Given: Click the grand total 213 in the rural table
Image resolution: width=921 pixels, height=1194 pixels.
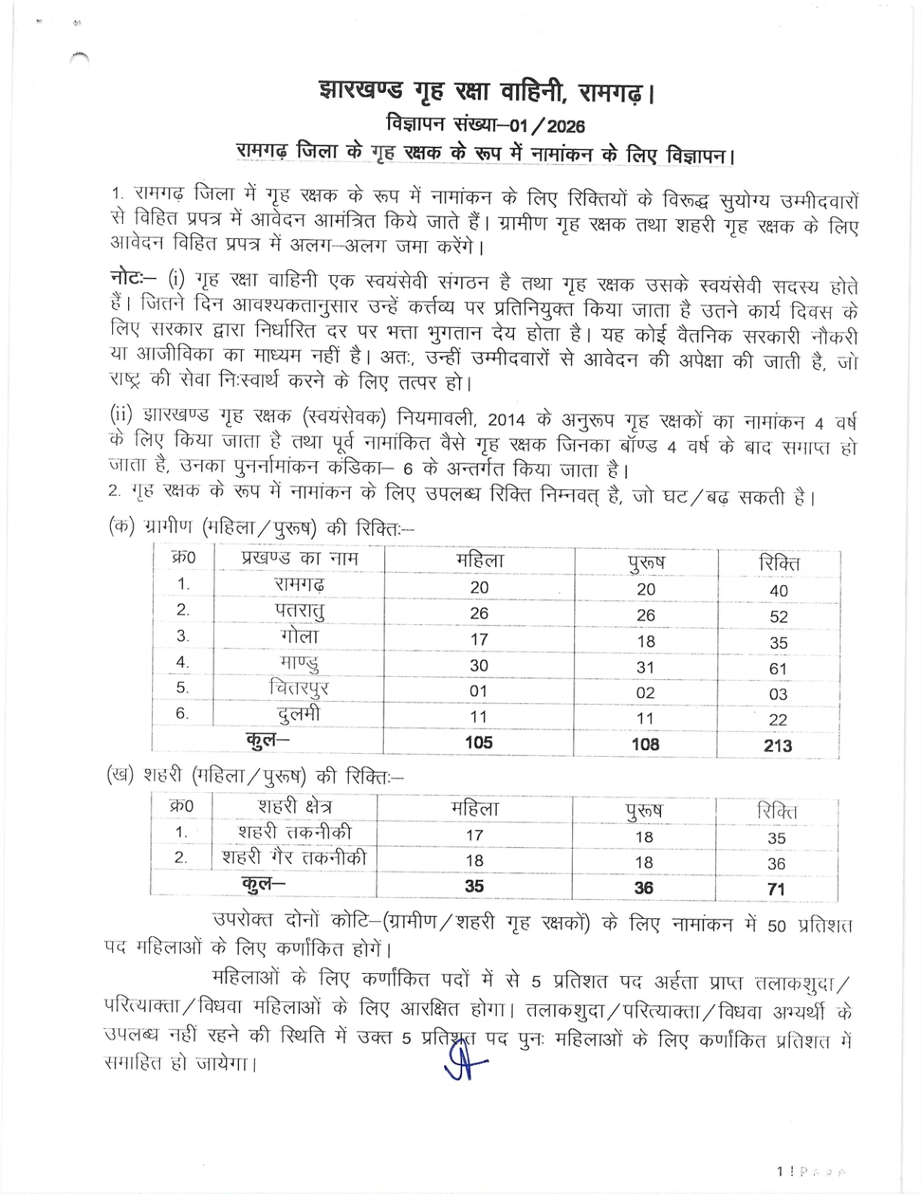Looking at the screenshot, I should coord(778,745).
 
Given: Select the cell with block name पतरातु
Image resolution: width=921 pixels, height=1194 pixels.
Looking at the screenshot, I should coord(299,611).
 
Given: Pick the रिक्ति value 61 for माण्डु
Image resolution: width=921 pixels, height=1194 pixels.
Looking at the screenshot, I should coord(778,668).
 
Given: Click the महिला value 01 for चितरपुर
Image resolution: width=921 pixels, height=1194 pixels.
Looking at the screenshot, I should coord(479,691).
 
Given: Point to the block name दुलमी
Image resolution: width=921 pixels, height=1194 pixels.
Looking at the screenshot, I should coord(299,715).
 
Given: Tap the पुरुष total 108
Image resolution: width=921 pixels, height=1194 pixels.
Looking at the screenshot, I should coord(645,744).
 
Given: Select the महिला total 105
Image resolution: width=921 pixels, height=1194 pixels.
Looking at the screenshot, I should coord(479,742).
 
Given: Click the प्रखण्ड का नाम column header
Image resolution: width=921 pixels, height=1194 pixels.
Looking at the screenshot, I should coord(299,559).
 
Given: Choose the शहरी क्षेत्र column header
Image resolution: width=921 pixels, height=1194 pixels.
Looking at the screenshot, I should coord(294,807).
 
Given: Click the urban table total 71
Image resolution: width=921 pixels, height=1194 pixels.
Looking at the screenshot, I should coord(776,889).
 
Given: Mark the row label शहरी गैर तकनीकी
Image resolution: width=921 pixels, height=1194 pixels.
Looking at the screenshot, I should coord(294,858).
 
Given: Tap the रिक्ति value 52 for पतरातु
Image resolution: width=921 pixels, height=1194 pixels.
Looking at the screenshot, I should coord(779,617).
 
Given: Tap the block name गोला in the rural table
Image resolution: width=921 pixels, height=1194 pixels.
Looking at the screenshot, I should coord(299,637).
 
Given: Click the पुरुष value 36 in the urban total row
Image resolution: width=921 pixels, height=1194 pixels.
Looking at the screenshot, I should coord(644,888).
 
